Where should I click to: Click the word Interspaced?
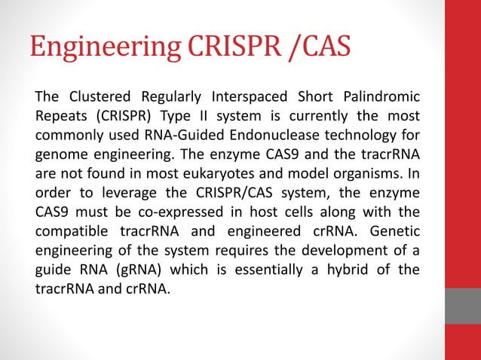pyautogui.click(x=240, y=97)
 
